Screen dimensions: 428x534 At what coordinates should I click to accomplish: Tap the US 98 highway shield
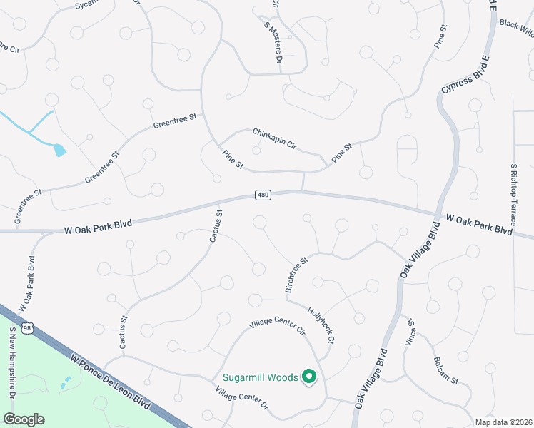point(26,327)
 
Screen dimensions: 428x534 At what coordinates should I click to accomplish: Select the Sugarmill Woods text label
point(259,377)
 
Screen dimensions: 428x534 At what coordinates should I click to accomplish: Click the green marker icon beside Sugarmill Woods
point(309,376)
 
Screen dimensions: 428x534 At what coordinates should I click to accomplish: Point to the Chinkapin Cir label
point(274,138)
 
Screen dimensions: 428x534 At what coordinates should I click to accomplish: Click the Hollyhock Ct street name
point(321,324)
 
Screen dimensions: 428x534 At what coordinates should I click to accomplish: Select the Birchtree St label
point(296,275)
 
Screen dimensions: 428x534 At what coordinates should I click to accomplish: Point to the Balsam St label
point(445,370)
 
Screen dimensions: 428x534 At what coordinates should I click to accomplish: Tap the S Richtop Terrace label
point(513,193)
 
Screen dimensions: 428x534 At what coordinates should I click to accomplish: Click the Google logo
point(24,419)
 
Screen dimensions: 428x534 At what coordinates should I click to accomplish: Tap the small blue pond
point(59,149)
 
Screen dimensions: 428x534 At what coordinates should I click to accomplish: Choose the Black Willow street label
point(516,26)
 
